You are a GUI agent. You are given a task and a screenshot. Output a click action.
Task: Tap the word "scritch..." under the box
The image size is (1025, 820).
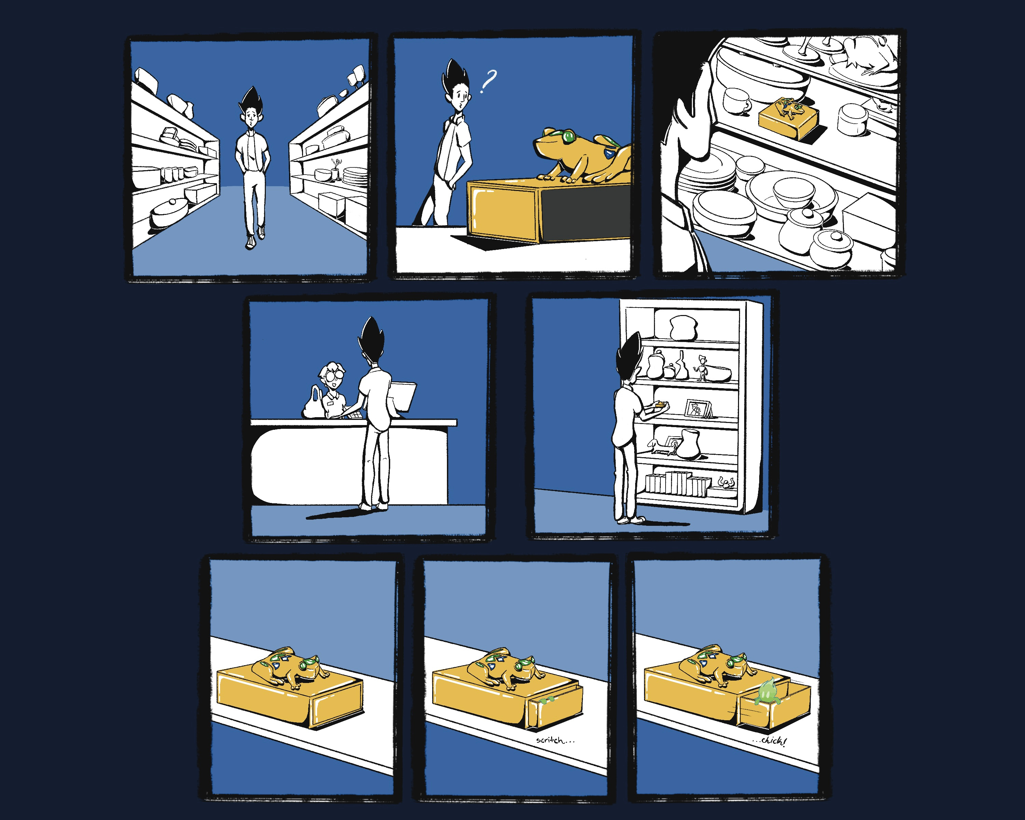pyautogui.click(x=555, y=740)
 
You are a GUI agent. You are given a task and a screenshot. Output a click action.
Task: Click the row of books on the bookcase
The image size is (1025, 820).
pyautogui.click(x=678, y=483)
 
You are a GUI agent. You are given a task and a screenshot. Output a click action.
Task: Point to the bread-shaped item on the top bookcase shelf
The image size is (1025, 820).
pyautogui.click(x=683, y=328)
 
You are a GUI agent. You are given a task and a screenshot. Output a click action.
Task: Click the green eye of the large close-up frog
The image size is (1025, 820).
pyautogui.click(x=568, y=137)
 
